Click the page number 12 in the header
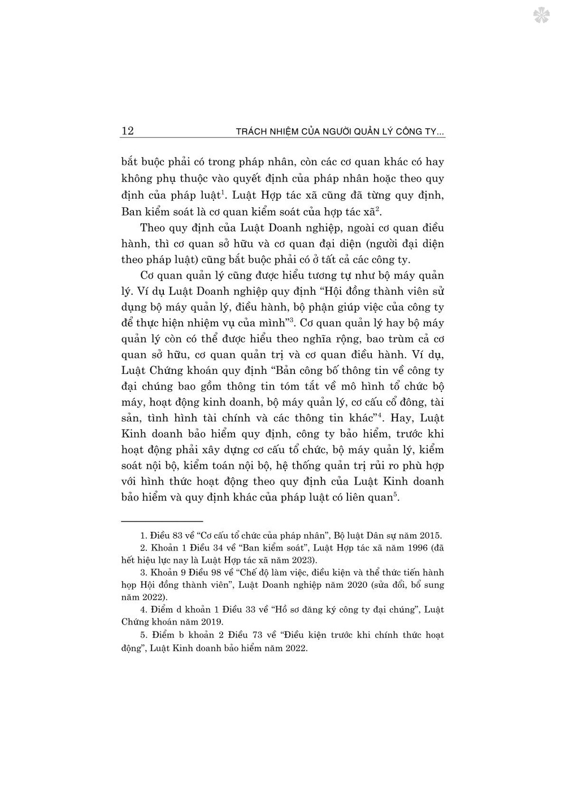pos(127,131)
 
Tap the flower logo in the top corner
pos(541,15)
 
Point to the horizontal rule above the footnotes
pos(162,521)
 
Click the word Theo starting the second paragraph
pos(152,228)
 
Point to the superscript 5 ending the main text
pos(395,495)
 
